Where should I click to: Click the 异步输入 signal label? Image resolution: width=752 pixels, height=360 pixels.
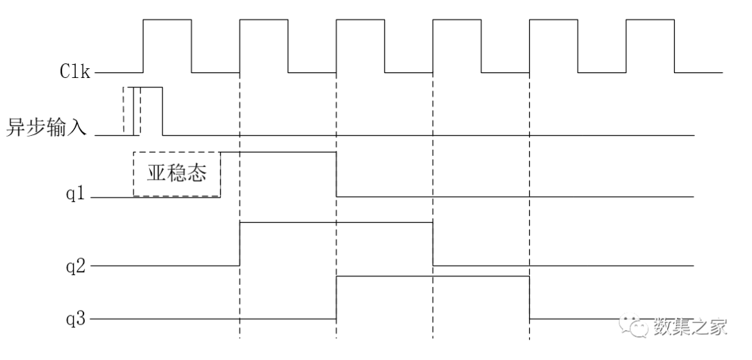click(47, 128)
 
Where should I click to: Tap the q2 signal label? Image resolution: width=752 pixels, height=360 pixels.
click(77, 265)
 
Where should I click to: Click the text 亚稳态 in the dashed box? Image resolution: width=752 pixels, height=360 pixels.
click(176, 172)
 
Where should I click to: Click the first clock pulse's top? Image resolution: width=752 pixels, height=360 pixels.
click(167, 19)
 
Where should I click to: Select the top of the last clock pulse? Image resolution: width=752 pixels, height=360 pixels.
click(650, 19)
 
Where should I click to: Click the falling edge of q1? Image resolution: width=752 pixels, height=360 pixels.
click(336, 174)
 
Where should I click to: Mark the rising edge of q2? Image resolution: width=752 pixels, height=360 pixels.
click(240, 244)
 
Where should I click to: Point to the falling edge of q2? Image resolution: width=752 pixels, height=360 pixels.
click(432, 244)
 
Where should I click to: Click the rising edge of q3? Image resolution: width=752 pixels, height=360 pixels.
click(336, 297)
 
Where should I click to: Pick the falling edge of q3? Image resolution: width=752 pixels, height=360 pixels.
click(529, 297)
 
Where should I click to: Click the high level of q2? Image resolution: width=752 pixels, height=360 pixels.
click(336, 222)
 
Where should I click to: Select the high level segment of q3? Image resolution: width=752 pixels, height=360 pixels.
click(432, 276)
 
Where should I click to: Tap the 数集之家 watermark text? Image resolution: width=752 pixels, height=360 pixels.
click(689, 326)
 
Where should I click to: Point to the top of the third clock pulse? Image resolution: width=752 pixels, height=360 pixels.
click(360, 19)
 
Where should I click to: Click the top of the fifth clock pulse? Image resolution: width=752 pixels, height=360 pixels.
click(554, 19)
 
